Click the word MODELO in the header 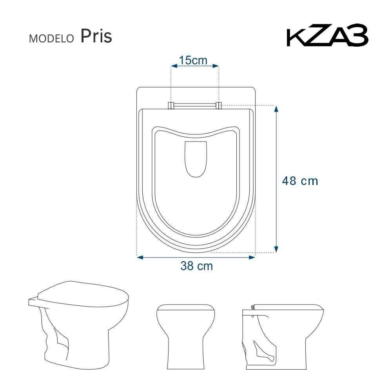coord(52,38)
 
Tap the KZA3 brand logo coord(327,37)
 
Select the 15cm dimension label coord(193,60)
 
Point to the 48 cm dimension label coord(300,181)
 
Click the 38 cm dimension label coord(196,266)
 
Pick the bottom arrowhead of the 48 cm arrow coord(276,249)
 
